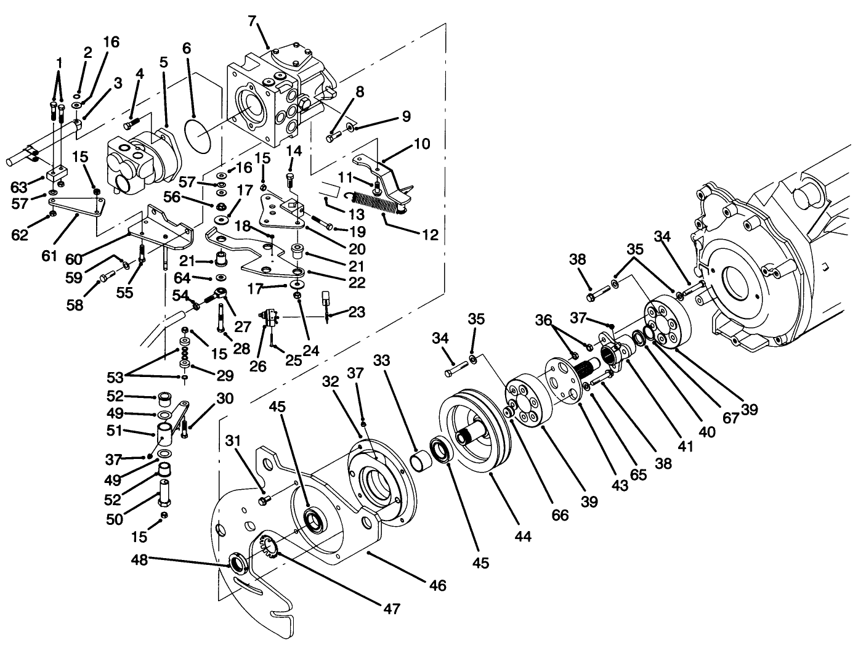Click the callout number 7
click(x=251, y=20)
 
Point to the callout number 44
click(x=523, y=537)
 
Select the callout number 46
click(x=438, y=584)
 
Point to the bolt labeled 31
click(x=264, y=503)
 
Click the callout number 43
click(x=620, y=485)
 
